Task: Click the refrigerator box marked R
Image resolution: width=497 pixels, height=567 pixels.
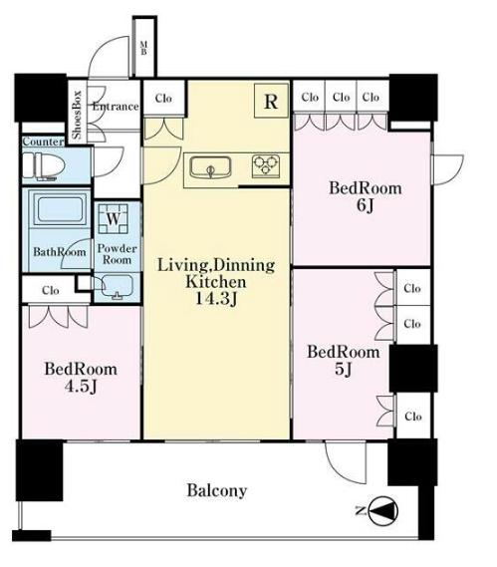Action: pyautogui.click(x=271, y=101)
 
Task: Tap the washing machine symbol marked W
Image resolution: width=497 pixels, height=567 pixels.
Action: pyautogui.click(x=114, y=219)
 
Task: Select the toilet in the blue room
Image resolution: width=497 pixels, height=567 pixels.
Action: pyautogui.click(x=44, y=166)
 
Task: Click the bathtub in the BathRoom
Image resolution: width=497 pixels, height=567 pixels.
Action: pyautogui.click(x=60, y=208)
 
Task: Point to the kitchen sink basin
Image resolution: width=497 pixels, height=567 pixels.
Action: pyautogui.click(x=211, y=167)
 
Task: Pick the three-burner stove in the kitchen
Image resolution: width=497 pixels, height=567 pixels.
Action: pyautogui.click(x=266, y=165)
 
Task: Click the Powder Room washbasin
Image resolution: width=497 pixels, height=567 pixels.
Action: pyautogui.click(x=118, y=287)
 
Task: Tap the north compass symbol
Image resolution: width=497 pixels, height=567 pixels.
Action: pyautogui.click(x=384, y=511)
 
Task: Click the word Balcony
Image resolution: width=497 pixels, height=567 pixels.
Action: pyautogui.click(x=217, y=490)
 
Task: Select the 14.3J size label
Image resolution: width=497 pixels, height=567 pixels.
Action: pyautogui.click(x=216, y=298)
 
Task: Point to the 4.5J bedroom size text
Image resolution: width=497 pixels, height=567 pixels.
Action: pyautogui.click(x=81, y=387)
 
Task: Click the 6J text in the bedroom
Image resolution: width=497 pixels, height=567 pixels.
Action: pyautogui.click(x=366, y=205)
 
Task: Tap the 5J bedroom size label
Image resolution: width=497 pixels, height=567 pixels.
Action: pyautogui.click(x=343, y=369)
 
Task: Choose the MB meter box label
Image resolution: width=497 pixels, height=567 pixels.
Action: pyautogui.click(x=143, y=48)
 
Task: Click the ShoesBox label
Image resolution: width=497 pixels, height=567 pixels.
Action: pyautogui.click(x=77, y=115)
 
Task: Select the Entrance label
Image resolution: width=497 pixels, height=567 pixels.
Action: pyautogui.click(x=116, y=107)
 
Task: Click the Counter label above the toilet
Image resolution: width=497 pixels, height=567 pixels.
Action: pyautogui.click(x=43, y=142)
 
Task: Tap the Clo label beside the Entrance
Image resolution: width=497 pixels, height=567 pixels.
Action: pyautogui.click(x=163, y=98)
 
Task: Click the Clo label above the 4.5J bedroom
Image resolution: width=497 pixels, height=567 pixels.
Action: pyautogui.click(x=51, y=290)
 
